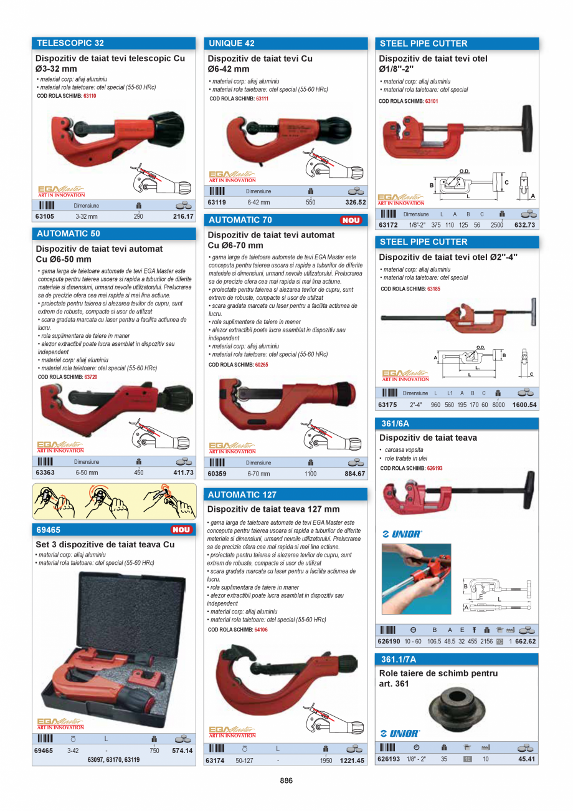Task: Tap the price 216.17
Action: pyautogui.click(x=182, y=217)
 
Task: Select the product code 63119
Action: pyautogui.click(x=217, y=203)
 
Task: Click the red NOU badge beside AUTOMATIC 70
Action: pyautogui.click(x=351, y=220)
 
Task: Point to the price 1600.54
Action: pyautogui.click(x=524, y=405)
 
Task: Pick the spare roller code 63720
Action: pyautogui.click(x=90, y=377)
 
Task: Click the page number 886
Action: pyautogui.click(x=286, y=780)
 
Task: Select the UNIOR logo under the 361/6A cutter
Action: pyautogui.click(x=402, y=534)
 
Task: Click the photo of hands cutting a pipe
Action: pyautogui.click(x=416, y=579)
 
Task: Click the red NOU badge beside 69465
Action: pyautogui.click(x=181, y=529)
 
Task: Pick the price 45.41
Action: pyautogui.click(x=526, y=759)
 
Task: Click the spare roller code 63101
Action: pyautogui.click(x=432, y=101)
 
